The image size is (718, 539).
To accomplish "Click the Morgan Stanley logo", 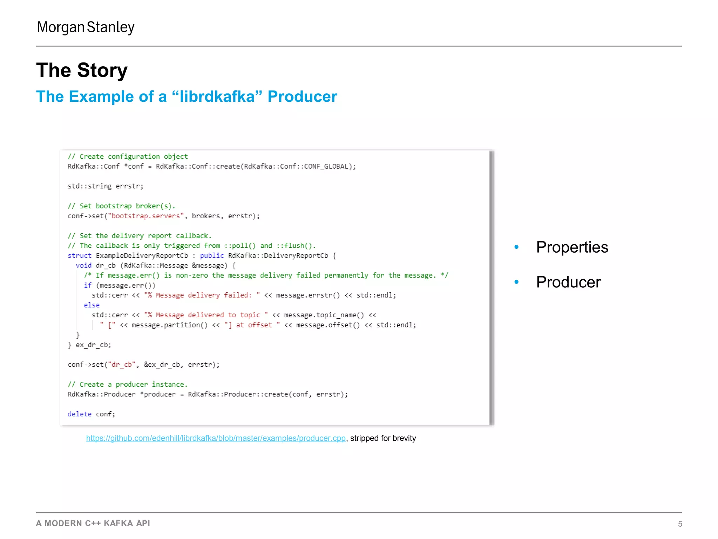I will (86, 27).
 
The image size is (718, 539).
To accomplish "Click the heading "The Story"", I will (82, 70).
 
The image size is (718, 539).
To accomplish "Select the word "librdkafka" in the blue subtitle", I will (217, 97).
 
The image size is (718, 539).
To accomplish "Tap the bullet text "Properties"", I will (572, 247).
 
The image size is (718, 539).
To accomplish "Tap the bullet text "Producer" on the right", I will (568, 282).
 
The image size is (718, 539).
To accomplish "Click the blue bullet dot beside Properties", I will (516, 247).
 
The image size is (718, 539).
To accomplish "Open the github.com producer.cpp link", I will (216, 438).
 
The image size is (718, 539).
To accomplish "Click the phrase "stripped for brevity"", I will (383, 438).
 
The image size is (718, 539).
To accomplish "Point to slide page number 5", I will (680, 524).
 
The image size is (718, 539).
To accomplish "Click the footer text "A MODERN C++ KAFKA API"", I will (93, 523).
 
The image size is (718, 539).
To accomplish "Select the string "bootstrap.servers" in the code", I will (148, 216).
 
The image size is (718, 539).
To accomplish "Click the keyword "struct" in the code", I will (79, 256).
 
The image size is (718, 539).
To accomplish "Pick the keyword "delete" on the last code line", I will (79, 414).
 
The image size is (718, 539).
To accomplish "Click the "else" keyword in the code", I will (92, 305).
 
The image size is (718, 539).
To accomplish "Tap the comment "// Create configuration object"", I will (128, 157).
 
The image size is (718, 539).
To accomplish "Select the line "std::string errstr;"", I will (106, 186).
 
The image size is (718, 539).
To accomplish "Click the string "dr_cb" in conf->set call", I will (122, 365).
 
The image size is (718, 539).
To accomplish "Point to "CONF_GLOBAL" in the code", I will (326, 166).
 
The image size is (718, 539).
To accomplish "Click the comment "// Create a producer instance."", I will (128, 385).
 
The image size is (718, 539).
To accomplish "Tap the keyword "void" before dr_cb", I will (83, 266).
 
